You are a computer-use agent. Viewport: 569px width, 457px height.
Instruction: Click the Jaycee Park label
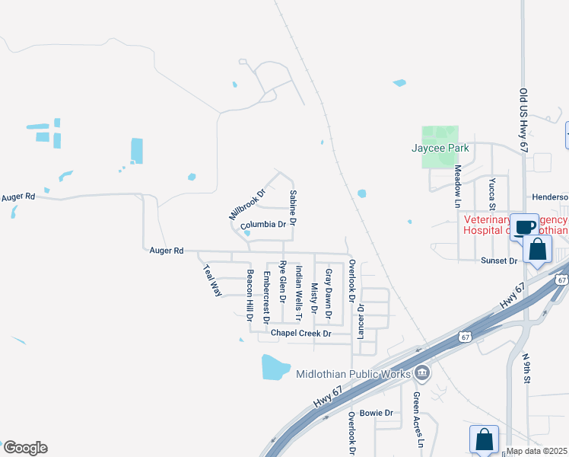pyautogui.click(x=440, y=148)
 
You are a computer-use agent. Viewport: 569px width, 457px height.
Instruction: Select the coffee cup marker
pyautogui.click(x=524, y=227)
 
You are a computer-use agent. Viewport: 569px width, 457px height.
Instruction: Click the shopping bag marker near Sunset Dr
pyautogui.click(x=538, y=250)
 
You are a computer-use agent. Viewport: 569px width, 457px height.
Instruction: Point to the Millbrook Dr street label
pyautogui.click(x=246, y=205)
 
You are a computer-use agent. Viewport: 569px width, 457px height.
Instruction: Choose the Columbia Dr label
pyautogui.click(x=262, y=225)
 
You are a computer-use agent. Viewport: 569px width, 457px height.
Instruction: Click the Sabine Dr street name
pyautogui.click(x=292, y=208)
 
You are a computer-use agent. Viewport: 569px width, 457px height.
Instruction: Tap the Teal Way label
pyautogui.click(x=211, y=280)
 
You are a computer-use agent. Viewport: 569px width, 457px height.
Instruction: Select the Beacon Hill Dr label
pyautogui.click(x=249, y=295)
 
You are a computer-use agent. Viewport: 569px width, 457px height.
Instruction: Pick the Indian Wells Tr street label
pyautogui.click(x=299, y=292)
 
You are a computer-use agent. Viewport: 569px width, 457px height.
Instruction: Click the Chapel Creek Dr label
pyautogui.click(x=301, y=334)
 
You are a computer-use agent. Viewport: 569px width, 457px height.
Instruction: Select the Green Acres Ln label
pyautogui.click(x=417, y=420)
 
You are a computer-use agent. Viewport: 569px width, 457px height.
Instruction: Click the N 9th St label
pyautogui.click(x=525, y=368)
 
